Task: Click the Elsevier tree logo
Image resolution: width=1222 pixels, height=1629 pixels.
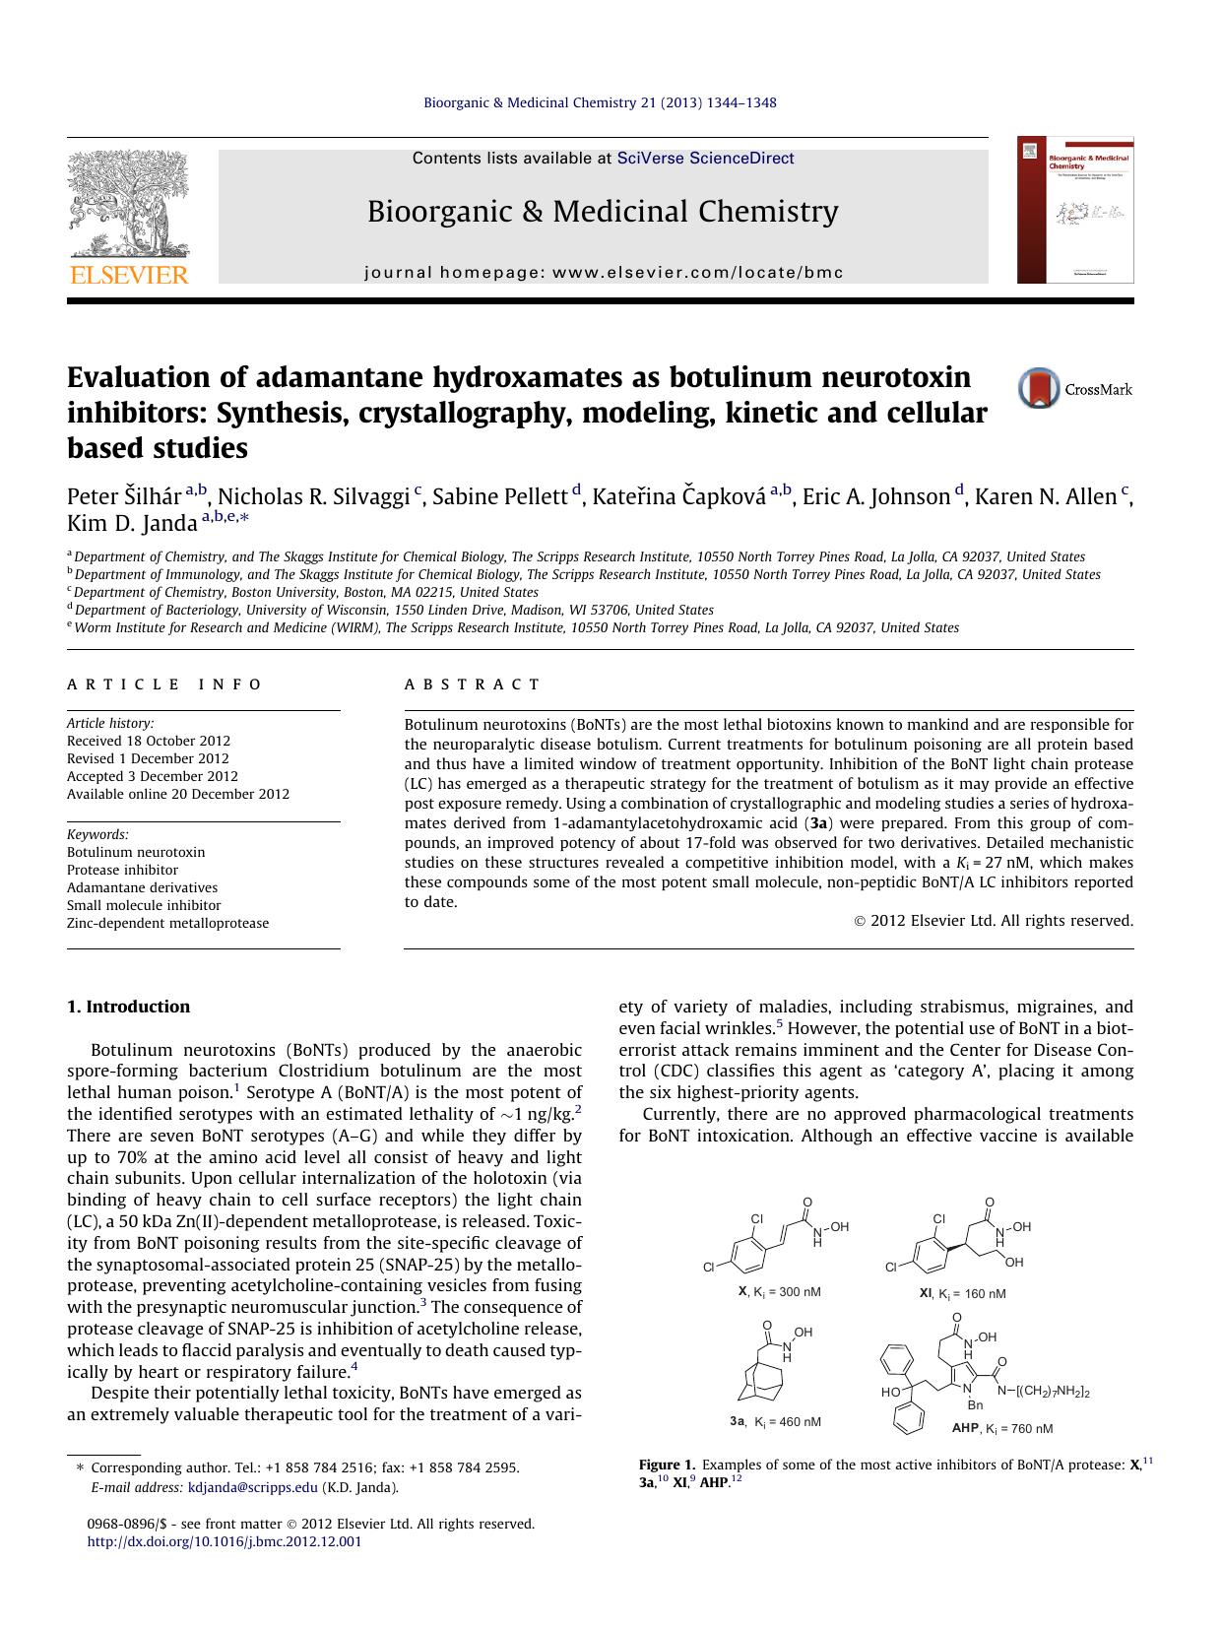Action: click(x=128, y=207)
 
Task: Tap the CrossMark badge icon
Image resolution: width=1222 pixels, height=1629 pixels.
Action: click(x=1039, y=388)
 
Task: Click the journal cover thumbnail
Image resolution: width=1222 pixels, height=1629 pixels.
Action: click(x=1075, y=210)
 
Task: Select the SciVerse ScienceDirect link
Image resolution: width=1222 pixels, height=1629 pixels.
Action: click(x=705, y=159)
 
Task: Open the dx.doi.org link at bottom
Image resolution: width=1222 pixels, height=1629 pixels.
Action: click(x=225, y=1541)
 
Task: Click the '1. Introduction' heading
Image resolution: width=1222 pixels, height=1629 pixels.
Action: click(x=128, y=1007)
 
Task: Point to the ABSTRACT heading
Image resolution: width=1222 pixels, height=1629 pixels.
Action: click(x=473, y=684)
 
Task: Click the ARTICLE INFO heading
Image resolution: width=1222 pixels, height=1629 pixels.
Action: click(x=164, y=684)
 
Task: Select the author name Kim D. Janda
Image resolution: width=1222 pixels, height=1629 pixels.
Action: click(x=132, y=523)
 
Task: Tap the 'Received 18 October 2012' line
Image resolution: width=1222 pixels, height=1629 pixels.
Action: click(x=149, y=741)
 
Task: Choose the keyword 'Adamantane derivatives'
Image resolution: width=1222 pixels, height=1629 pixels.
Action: click(x=142, y=887)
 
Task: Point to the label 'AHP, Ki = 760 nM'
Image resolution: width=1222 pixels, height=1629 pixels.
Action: click(x=1001, y=1428)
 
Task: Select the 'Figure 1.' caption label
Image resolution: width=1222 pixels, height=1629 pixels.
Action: click(x=667, y=1465)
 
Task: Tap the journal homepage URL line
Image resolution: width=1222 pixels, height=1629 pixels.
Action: click(x=604, y=273)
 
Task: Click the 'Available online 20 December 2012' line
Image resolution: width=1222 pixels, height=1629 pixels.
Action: click(x=178, y=794)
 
